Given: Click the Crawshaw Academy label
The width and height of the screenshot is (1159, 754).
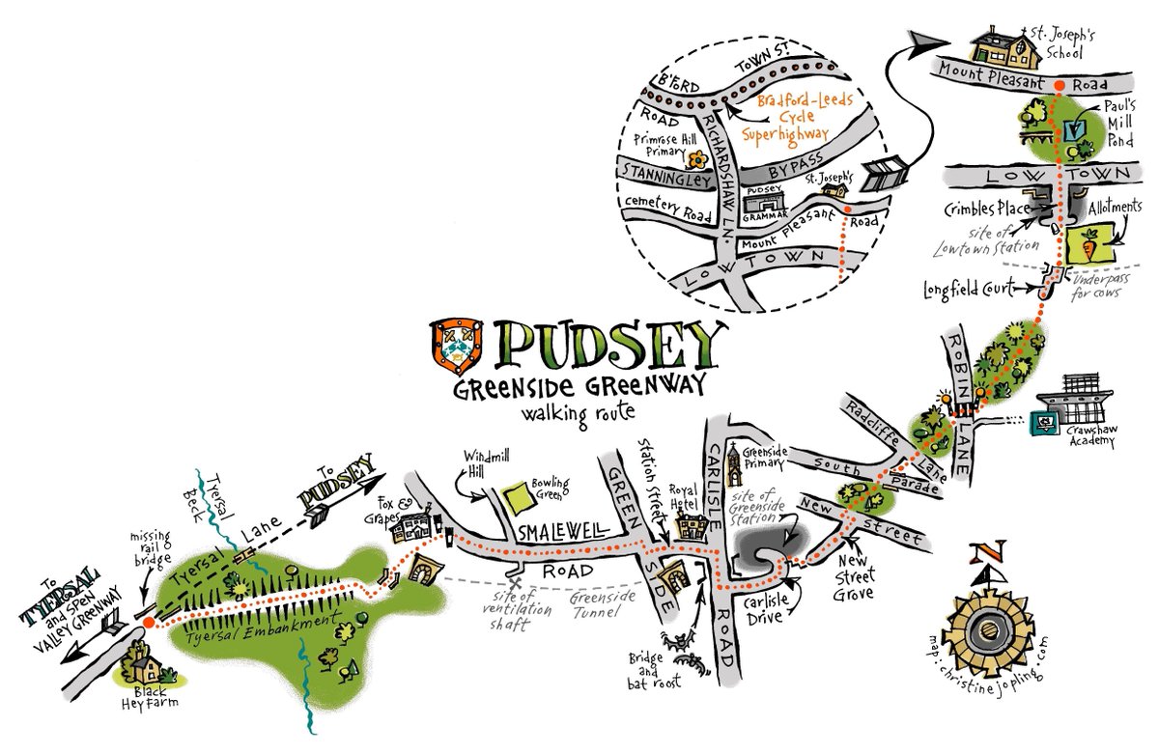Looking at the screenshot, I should click(x=1092, y=435).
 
